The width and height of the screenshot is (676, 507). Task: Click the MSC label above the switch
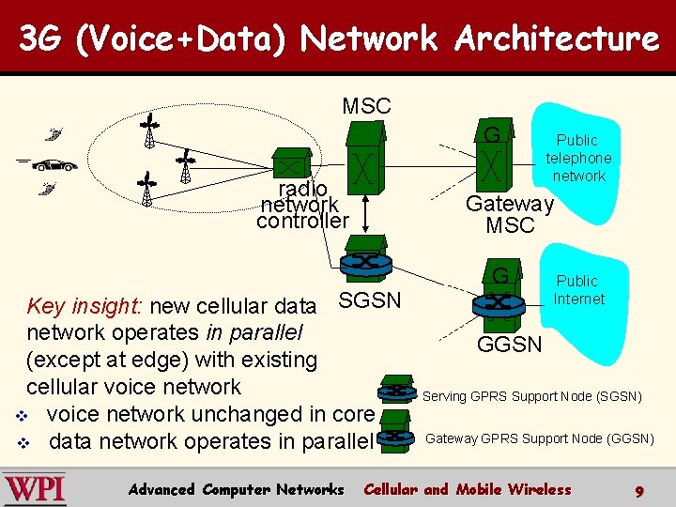coord(366,106)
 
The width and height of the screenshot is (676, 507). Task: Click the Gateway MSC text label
coord(510,215)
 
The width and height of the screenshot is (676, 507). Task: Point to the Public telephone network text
coord(578,158)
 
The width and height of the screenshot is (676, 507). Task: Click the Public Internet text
coord(578,290)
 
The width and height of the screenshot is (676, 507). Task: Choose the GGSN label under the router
coord(510,345)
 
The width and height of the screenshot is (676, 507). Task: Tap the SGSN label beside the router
coord(370,300)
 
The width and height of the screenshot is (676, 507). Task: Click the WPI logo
coord(35,489)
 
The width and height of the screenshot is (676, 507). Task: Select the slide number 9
coord(638,490)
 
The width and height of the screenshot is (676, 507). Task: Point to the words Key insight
coord(84,305)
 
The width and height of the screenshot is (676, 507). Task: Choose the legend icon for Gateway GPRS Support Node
coord(398,438)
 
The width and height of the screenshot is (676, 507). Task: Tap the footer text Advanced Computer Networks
coord(236,489)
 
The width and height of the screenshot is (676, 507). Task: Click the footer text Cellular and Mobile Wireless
coord(467,489)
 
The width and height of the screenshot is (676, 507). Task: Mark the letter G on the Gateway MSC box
coord(491,135)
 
